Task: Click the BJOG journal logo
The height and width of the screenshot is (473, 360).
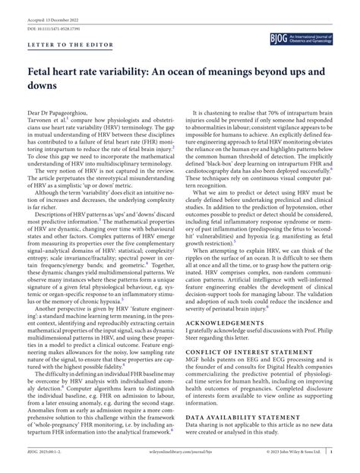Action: pyautogui.click(x=311, y=36)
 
